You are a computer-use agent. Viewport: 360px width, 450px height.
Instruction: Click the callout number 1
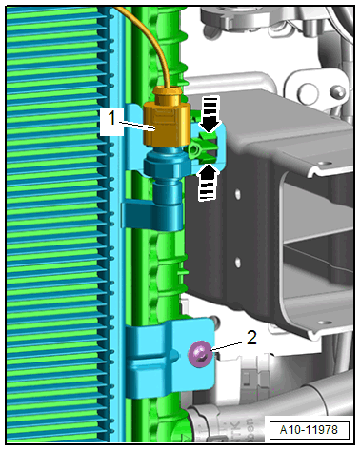[x=111, y=119]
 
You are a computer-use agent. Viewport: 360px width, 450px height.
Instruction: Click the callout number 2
[x=251, y=338]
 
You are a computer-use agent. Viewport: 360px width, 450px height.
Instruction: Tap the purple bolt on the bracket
[x=200, y=354]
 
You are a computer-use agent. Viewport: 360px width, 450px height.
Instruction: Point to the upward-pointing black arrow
[x=209, y=183]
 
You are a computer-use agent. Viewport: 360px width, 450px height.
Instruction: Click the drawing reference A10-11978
[x=309, y=430]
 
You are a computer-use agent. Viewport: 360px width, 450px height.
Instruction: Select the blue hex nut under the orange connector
[x=165, y=164]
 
